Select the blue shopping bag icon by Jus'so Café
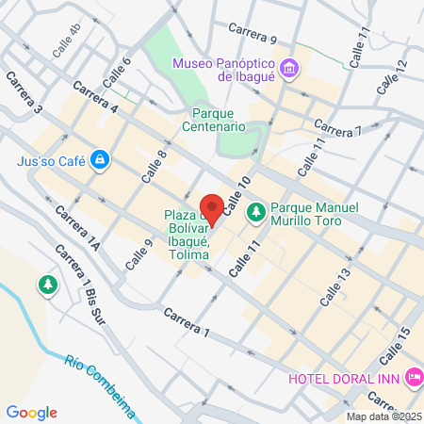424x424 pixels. pyautogui.click(x=99, y=160)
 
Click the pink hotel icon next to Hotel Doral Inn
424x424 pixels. pyautogui.click(x=414, y=378)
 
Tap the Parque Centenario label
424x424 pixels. pyautogui.click(x=213, y=126)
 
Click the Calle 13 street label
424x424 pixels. pyautogui.click(x=334, y=286)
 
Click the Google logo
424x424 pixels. pyautogui.click(x=31, y=413)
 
